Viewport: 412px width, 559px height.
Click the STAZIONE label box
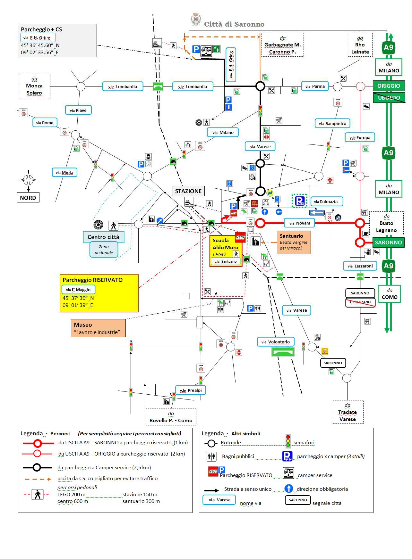188,191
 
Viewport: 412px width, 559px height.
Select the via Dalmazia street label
327,201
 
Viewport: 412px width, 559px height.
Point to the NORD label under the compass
28,198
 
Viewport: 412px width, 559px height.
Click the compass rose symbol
29,180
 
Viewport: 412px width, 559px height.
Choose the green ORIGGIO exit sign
389,86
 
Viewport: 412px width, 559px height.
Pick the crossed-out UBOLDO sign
389,98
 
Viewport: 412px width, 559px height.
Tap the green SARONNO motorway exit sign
388,243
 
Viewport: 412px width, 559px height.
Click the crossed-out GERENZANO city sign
360,302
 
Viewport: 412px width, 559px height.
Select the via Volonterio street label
276,342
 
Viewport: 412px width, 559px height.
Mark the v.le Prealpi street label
191,390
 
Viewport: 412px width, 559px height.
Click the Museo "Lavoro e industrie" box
98,328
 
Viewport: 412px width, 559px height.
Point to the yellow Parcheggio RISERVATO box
99,293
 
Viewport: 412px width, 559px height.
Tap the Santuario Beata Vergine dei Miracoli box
294,242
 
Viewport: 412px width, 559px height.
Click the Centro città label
103,237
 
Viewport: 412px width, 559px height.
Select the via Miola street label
64,172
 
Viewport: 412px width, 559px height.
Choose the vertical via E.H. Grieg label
231,65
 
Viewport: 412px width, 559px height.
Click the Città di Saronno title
234,24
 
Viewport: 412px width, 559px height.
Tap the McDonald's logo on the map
254,203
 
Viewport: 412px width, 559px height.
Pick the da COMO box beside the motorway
390,293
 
